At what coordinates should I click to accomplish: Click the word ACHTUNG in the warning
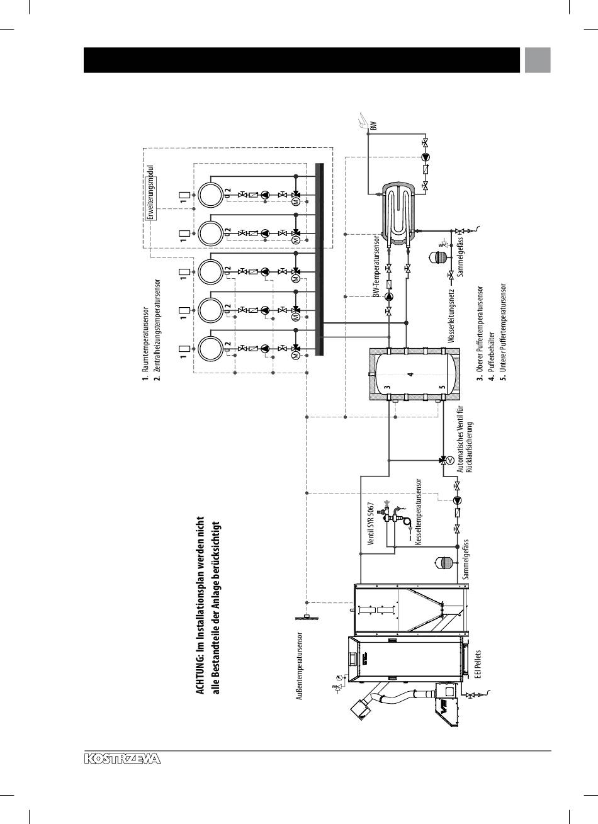[201, 672]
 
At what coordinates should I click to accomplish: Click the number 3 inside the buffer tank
[386, 387]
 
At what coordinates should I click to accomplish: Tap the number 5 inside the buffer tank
[442, 387]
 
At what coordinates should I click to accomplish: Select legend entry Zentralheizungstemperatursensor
[157, 330]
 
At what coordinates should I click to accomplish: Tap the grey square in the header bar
[538, 60]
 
